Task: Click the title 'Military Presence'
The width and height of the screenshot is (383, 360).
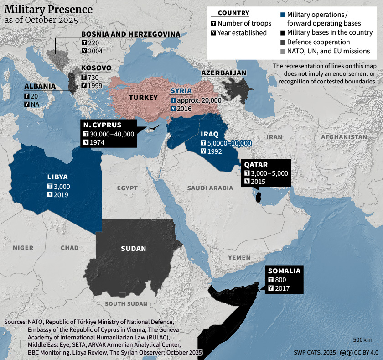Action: click(48, 9)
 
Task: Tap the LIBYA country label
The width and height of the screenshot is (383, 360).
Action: click(57, 177)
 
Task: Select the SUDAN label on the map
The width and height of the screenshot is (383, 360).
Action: click(133, 249)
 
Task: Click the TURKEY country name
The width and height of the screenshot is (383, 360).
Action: click(143, 98)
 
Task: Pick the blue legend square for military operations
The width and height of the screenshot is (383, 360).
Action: click(283, 15)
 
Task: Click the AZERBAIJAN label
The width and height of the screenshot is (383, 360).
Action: click(224, 73)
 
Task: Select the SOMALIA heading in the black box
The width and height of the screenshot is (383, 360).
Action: click(284, 271)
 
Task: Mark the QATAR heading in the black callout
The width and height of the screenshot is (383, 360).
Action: click(256, 164)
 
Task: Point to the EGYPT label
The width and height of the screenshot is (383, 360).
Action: click(127, 188)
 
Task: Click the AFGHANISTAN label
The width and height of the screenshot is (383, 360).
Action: click(343, 137)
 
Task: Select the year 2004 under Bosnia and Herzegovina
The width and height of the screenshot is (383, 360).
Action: click(96, 51)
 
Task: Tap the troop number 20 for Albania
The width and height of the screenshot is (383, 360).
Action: click(35, 96)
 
